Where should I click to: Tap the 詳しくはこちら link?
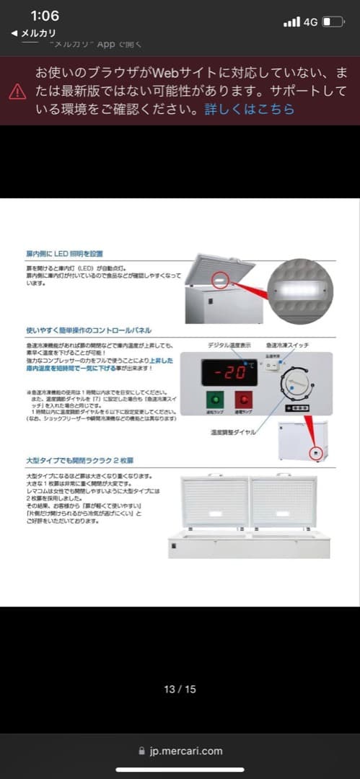[x=250, y=110]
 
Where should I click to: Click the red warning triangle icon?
[x=17, y=92]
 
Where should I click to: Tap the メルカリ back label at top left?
[x=34, y=33]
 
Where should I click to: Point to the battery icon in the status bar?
[x=333, y=22]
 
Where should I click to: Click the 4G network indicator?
[x=310, y=22]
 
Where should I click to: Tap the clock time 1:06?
[x=45, y=16]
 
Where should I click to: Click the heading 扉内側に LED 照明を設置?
[x=65, y=254]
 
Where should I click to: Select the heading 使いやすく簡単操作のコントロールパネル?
[x=88, y=330]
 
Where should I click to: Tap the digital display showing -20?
[x=229, y=373]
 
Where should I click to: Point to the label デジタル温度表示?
[x=229, y=345]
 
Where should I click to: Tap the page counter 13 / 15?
[x=180, y=689]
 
